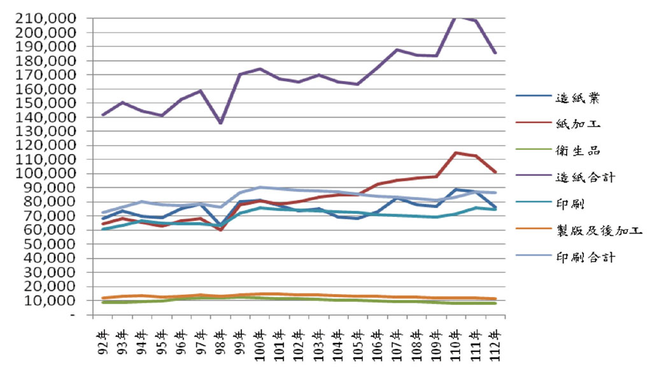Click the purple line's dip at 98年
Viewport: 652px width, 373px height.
(x=220, y=122)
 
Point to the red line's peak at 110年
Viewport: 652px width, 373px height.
(x=456, y=153)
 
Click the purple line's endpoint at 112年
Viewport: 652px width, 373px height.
(x=495, y=53)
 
